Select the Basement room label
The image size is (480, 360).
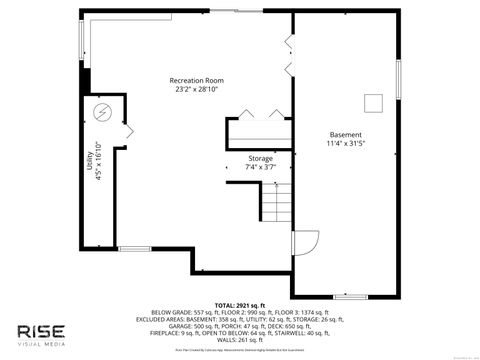[345, 134]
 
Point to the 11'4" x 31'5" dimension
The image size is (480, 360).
[345, 144]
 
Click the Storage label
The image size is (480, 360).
[261, 158]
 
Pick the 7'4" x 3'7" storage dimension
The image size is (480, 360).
[261, 167]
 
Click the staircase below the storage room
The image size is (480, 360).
[277, 204]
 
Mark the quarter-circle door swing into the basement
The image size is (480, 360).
[304, 243]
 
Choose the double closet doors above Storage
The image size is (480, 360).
[259, 113]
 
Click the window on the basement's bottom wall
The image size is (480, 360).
[349, 296]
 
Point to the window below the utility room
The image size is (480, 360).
[133, 248]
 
